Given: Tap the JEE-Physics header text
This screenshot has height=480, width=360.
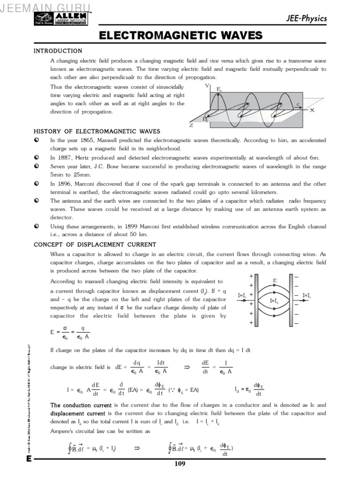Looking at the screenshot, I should point(307,19).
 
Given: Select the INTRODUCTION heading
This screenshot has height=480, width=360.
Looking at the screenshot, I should point(58,51).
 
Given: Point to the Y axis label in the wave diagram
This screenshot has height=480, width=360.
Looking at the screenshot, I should point(207,86).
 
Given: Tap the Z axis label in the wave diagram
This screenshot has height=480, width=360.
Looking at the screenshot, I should point(191,126).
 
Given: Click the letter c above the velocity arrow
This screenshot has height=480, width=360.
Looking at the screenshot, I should point(298,104).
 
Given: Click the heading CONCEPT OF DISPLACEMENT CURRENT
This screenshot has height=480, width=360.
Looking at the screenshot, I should point(95,245).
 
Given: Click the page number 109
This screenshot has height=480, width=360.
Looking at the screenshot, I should point(180,464).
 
